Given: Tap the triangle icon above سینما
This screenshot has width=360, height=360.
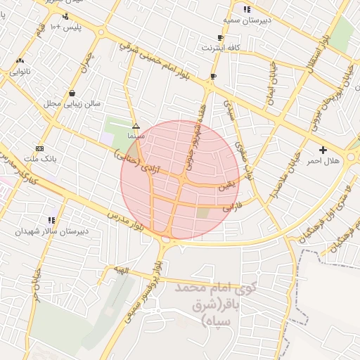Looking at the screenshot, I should point(136,126).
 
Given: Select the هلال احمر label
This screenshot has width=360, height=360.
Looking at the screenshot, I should point(323,161).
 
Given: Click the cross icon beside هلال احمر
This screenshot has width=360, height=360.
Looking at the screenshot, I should point(323,150).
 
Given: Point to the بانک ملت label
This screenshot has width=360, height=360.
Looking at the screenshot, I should point(39,159).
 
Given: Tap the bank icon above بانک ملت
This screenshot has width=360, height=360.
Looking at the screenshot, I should point(39,148).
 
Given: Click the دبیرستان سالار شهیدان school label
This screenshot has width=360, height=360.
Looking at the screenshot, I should point(51,231).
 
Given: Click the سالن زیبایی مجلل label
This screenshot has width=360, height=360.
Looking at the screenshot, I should point(73,103).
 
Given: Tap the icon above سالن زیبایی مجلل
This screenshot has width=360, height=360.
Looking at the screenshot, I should point(72,93).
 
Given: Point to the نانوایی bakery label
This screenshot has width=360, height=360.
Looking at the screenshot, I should point(20,71).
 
